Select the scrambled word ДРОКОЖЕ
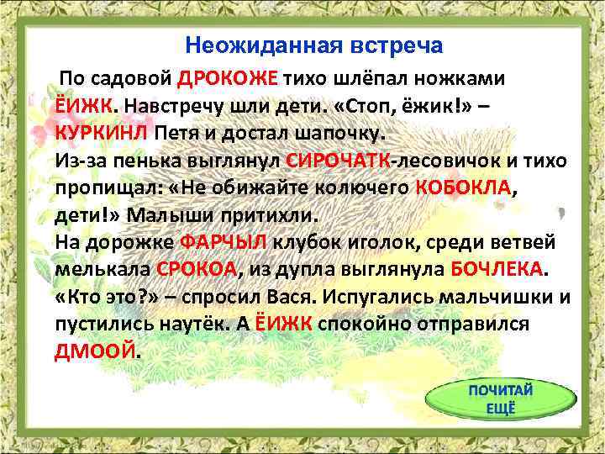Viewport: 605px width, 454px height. click(228, 80)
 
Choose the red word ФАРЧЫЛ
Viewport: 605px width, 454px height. click(224, 242)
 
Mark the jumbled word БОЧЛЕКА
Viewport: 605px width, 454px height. click(497, 269)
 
